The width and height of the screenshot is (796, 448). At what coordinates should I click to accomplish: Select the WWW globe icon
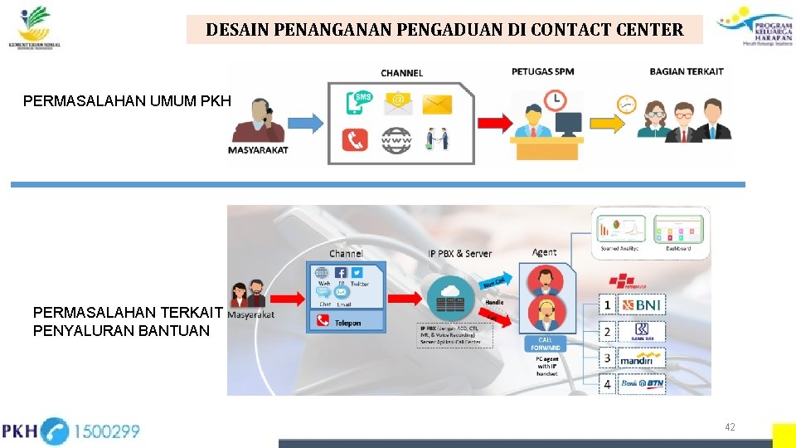pos(396,140)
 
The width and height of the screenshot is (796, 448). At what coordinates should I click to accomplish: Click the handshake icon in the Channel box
pos(437,139)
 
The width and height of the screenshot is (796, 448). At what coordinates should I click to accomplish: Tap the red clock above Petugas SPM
pos(554,100)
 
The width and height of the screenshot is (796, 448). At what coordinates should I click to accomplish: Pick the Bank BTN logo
pos(643,383)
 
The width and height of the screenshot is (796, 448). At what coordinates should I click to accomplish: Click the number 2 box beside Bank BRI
pos(607,332)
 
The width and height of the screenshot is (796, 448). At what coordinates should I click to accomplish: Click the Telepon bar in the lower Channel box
pos(346,322)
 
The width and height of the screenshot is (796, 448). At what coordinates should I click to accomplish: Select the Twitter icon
pos(357,272)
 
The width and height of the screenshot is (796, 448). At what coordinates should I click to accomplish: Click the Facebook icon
pos(342,272)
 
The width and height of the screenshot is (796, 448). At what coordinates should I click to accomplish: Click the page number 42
pos(730,427)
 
